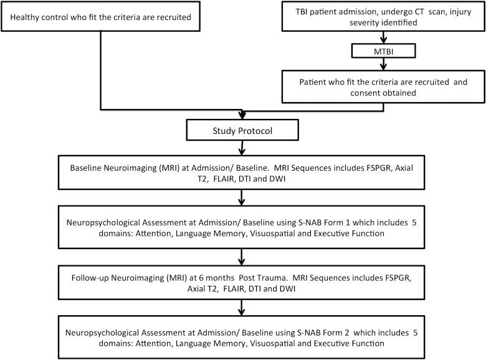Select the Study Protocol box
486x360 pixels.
coord(241,131)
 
